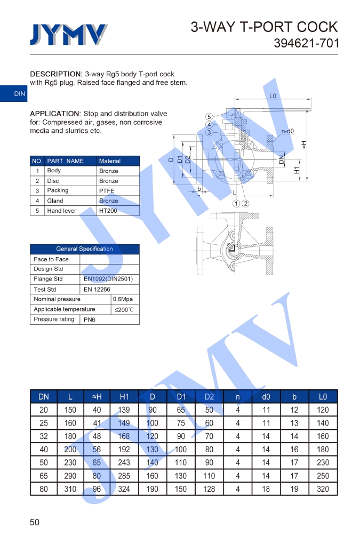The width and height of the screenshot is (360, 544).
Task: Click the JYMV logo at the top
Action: (68, 35)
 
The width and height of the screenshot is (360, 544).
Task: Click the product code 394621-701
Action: (306, 43)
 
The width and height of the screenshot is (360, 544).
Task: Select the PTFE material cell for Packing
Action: (107, 191)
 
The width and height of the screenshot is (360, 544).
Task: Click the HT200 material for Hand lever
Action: (108, 211)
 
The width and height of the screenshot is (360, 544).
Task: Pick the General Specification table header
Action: (84, 249)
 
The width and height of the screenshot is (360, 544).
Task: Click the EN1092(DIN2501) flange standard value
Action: (108, 279)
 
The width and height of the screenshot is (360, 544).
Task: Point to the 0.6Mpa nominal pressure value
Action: (123, 299)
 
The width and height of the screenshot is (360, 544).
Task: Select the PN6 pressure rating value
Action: (90, 320)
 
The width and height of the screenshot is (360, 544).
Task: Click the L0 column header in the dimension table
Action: (323, 397)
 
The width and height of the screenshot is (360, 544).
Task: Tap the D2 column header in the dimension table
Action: (209, 397)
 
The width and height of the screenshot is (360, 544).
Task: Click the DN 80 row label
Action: (44, 489)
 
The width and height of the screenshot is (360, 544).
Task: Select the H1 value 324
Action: (124, 489)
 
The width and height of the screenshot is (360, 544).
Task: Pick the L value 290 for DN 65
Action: (70, 476)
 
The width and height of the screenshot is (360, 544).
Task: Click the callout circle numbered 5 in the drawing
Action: (210, 117)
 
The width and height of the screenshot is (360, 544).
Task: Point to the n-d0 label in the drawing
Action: (287, 131)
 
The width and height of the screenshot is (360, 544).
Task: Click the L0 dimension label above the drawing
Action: (273, 97)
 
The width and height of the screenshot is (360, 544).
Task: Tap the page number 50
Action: (35, 522)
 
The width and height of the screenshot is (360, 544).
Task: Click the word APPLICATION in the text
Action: (54, 114)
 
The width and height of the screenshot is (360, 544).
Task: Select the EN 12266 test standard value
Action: (97, 289)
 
